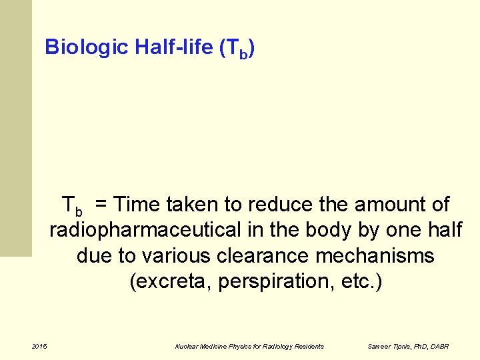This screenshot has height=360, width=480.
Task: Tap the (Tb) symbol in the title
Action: coord(237,49)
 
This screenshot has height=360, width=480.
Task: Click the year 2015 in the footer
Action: coord(39,346)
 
